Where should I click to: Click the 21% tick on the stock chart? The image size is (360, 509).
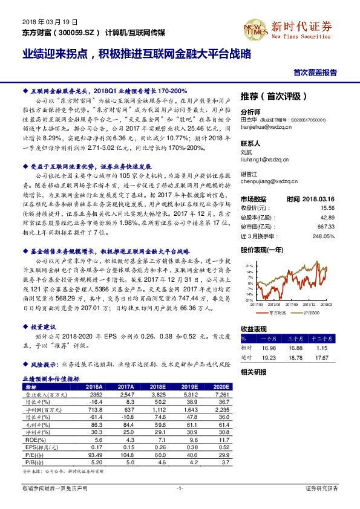(248, 265)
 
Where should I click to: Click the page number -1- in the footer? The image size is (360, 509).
(180, 488)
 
